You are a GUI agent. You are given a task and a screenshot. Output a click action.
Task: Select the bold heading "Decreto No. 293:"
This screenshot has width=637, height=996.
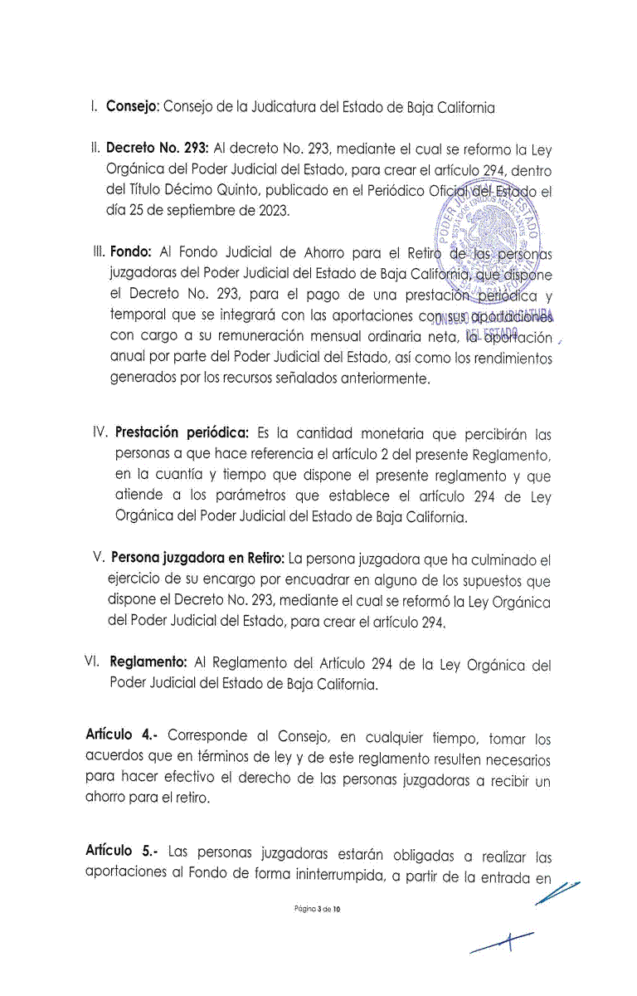tap(157, 150)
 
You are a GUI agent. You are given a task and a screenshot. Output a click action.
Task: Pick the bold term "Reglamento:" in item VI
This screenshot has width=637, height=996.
tap(148, 664)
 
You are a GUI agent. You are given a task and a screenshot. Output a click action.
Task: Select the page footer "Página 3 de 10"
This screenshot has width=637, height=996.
tap(318, 910)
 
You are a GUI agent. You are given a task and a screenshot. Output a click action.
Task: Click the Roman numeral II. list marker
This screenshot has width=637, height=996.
tap(95, 150)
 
